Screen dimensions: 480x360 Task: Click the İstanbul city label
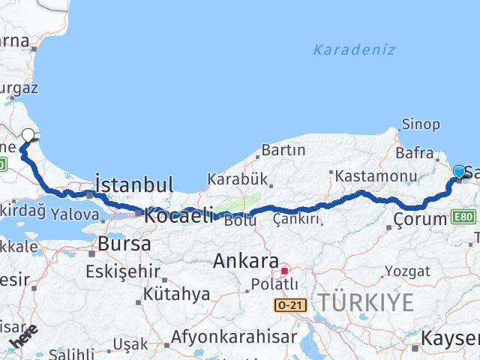pyautogui.click(x=134, y=184)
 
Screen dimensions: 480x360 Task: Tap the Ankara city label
pyautogui.click(x=245, y=262)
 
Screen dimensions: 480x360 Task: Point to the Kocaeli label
pyautogui.click(x=178, y=213)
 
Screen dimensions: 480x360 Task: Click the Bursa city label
pyautogui.click(x=124, y=244)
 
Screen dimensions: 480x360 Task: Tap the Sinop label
pyautogui.click(x=421, y=124)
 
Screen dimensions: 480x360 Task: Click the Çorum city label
pyautogui.click(x=420, y=220)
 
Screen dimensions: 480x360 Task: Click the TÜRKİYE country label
pyautogui.click(x=366, y=303)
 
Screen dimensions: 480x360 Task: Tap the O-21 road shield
pyautogui.click(x=291, y=305)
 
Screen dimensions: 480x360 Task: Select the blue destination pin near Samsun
pyautogui.click(x=460, y=173)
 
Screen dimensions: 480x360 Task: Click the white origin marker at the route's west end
pyautogui.click(x=28, y=135)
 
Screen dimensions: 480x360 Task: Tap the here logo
pyautogui.click(x=22, y=338)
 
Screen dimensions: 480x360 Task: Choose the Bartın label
pyautogui.click(x=283, y=151)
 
